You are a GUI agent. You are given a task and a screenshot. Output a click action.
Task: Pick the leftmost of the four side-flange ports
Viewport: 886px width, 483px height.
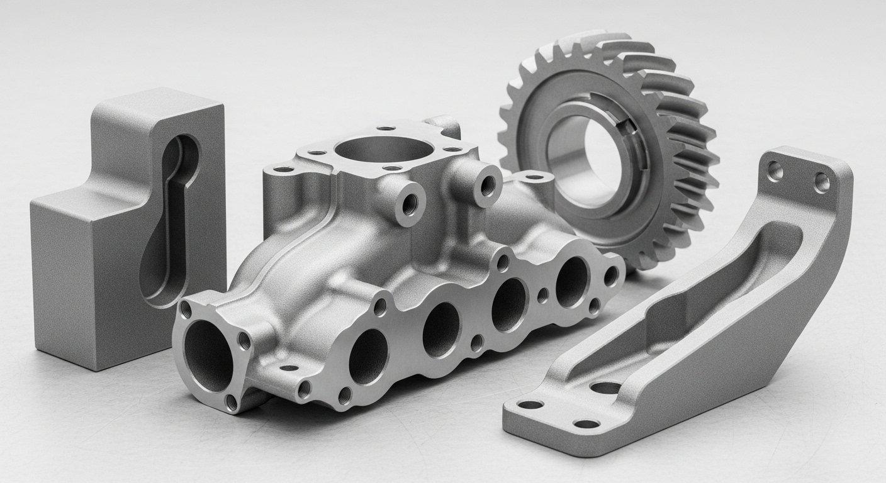pos(368,356)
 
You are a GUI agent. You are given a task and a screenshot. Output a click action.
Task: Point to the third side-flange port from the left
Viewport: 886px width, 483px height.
pos(508,304)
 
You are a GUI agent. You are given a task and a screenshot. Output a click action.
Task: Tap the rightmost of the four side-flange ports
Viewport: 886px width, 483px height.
pos(571,281)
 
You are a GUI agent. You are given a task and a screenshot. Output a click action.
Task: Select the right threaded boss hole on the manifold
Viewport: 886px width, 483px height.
pos(488,185)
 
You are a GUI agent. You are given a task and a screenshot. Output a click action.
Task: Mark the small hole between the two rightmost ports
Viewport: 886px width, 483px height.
pos(542,294)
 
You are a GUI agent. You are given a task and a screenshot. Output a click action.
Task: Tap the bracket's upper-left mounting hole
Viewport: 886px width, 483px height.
pos(775,170)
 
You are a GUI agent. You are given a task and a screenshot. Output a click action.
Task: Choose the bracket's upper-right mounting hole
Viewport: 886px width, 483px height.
pos(822,182)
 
